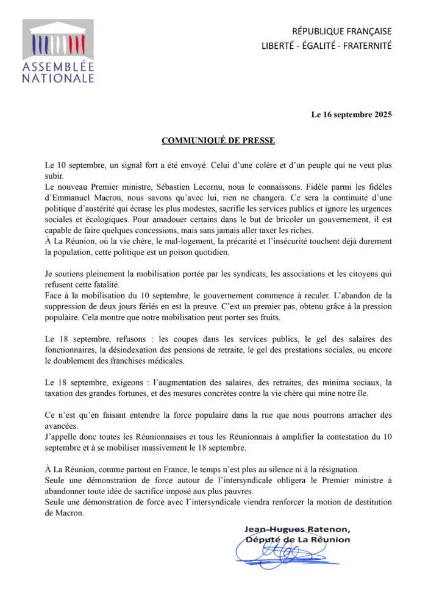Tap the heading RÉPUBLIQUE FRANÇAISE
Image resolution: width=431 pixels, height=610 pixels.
click(341, 31)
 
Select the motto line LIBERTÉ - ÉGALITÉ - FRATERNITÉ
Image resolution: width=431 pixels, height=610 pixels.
click(326, 45)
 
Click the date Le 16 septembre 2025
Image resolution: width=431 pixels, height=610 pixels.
click(351, 114)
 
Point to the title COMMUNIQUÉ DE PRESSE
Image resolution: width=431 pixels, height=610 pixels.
click(218, 141)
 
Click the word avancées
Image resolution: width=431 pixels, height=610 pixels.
click(62, 426)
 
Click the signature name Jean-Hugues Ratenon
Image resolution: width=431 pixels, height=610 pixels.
click(297, 529)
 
